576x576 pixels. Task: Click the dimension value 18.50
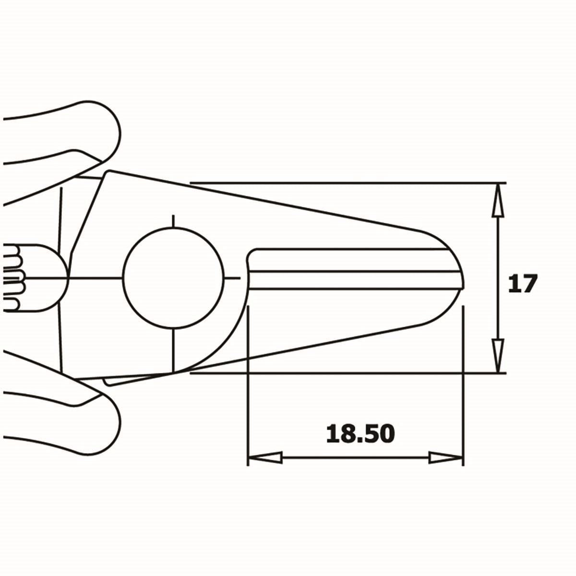pyautogui.click(x=360, y=433)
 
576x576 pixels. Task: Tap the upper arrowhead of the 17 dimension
pyautogui.click(x=499, y=199)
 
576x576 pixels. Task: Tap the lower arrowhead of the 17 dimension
pyautogui.click(x=499, y=355)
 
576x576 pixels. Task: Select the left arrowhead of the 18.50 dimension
pyautogui.click(x=264, y=457)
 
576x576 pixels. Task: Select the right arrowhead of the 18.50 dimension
pyautogui.click(x=445, y=457)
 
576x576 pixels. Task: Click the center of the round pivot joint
pyautogui.click(x=173, y=277)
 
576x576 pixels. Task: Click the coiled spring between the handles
pyautogui.click(x=14, y=277)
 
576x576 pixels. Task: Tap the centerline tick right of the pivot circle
pyautogui.click(x=233, y=277)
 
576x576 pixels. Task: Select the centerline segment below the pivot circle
pyautogui.click(x=173, y=350)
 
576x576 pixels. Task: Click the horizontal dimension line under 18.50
pyautogui.click(x=355, y=457)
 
